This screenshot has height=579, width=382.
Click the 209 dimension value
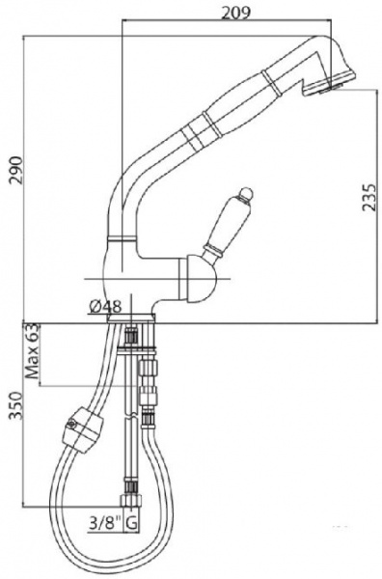point(235,13)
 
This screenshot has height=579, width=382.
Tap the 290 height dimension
point(16,170)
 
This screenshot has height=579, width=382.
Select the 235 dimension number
point(369,197)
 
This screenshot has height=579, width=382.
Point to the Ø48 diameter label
point(105,306)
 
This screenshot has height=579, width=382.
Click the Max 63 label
point(32,351)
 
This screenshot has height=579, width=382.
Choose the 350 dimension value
point(16,406)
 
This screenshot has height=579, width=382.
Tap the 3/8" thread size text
point(106,523)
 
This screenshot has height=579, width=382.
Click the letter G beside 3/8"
point(132,523)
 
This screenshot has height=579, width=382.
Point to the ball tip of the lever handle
point(245,194)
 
